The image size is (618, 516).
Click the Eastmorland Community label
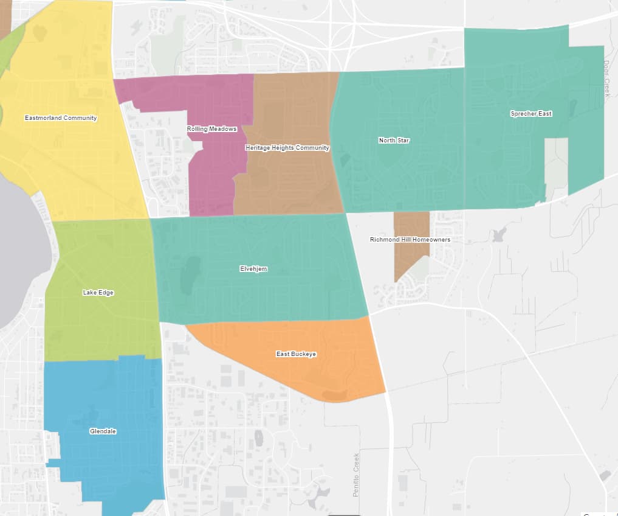61,118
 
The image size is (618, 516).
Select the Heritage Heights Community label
287,148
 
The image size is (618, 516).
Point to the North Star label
394,141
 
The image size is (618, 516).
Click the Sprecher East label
531,114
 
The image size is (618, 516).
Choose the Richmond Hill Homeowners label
410,240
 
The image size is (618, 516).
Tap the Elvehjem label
253,268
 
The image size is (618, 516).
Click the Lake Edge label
98,293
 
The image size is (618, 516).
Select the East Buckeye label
296,354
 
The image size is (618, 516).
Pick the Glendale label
103,431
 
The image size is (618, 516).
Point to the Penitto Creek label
357,475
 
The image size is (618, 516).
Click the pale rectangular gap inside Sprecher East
555,164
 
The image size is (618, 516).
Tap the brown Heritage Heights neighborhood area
292,183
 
